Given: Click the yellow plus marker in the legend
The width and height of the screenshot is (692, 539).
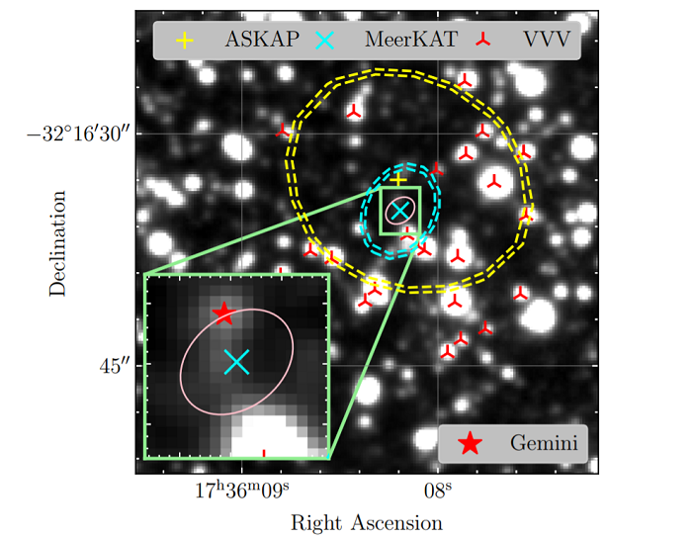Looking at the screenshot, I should tap(184, 41).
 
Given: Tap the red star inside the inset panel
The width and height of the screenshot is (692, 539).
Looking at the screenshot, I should tap(223, 314).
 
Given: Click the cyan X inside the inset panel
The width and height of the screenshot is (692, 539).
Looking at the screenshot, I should tap(236, 362).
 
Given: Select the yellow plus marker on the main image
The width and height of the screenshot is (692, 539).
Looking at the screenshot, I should tap(397, 180).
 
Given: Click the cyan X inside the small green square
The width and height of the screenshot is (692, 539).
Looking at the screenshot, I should tap(399, 211).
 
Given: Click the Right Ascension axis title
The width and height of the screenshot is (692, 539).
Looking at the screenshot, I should tap(366, 521).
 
